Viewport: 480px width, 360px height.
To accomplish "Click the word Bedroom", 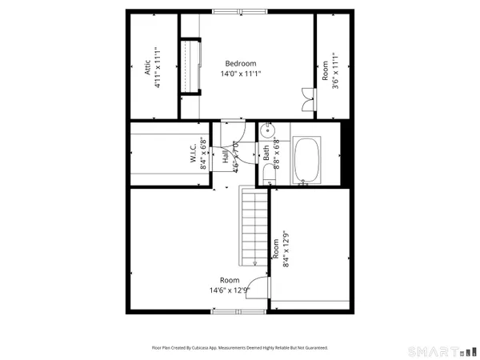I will (240, 64).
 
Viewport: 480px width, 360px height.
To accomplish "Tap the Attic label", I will (148, 70).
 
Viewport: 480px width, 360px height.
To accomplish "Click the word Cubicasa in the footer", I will (214, 348).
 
